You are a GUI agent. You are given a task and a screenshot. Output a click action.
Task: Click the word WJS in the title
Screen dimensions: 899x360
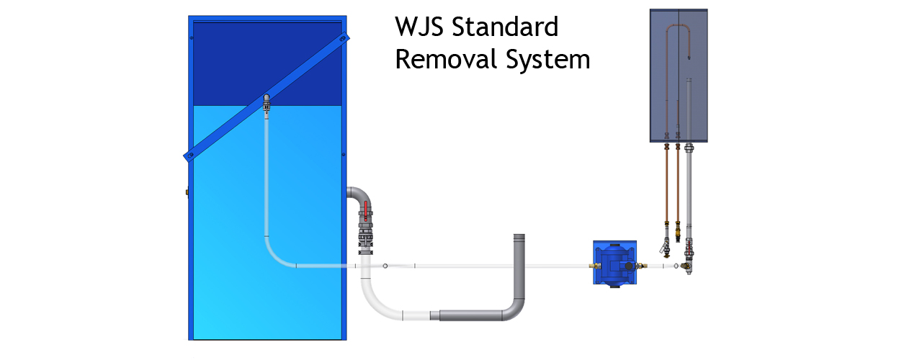click(x=419, y=27)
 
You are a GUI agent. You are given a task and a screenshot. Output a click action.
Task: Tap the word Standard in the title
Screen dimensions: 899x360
click(x=505, y=27)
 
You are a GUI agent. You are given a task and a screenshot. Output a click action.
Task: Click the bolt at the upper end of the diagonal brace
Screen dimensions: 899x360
click(x=343, y=39)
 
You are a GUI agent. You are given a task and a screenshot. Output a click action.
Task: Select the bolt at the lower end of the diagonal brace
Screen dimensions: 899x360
click(x=191, y=155)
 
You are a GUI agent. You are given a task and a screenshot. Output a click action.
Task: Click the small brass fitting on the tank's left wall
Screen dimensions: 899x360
click(x=187, y=192)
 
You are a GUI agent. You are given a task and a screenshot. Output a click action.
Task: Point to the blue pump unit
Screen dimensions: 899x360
click(x=615, y=263)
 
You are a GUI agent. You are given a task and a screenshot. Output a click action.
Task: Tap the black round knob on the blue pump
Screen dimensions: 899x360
click(x=628, y=266)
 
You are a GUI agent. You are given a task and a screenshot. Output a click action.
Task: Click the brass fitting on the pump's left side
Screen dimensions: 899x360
click(x=595, y=266)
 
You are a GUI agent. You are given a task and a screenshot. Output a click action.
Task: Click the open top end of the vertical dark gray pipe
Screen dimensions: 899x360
click(x=519, y=236)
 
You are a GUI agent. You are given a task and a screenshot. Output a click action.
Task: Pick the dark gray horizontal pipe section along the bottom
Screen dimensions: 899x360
click(x=470, y=315)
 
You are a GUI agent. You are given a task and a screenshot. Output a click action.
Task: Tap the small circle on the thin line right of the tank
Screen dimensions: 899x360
click(x=385, y=266)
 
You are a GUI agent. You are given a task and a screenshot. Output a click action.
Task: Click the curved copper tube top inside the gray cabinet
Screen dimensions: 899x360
click(x=679, y=27)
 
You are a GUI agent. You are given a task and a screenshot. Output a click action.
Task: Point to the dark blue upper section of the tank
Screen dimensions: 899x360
click(x=267, y=63)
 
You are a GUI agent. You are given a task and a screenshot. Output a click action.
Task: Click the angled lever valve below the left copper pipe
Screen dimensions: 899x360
click(x=665, y=247)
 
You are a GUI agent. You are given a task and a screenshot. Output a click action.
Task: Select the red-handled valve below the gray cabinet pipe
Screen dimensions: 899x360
click(x=689, y=249)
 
